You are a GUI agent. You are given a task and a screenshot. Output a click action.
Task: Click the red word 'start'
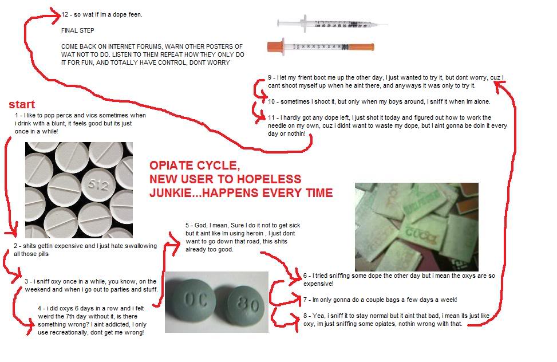point(22,104)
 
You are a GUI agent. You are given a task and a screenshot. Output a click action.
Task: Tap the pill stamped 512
point(98,184)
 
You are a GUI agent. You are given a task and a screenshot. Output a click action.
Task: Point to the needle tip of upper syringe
point(388,25)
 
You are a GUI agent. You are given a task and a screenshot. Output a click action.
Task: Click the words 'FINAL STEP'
point(77,30)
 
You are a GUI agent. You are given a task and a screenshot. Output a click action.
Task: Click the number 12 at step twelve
point(65,14)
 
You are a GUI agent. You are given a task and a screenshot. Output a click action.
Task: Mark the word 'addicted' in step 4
point(109,324)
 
